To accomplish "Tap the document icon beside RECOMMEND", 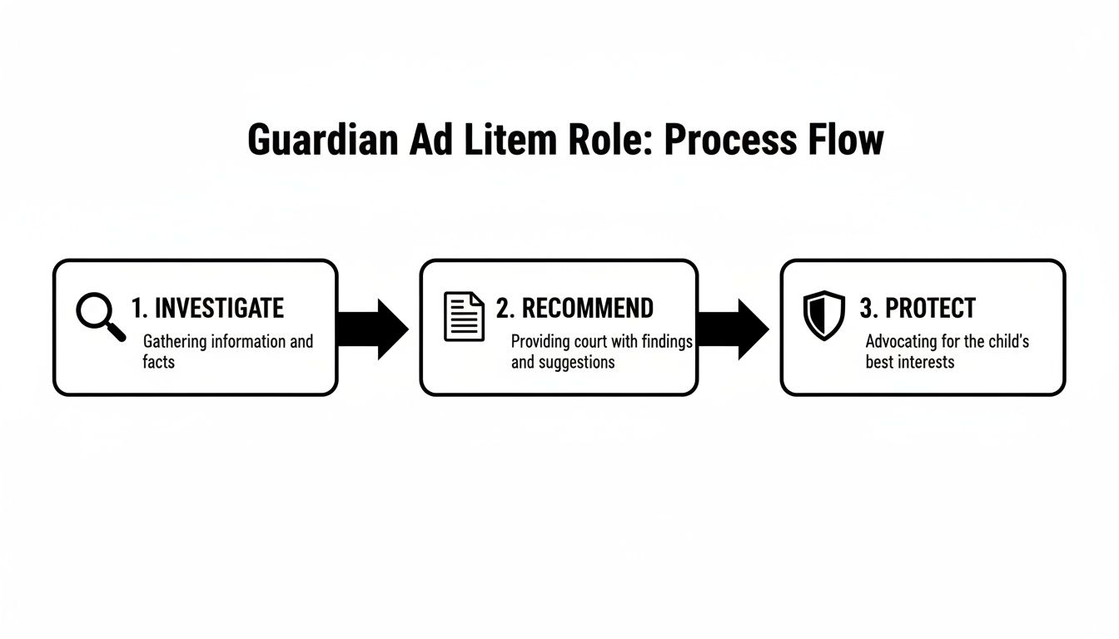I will pos(464,316).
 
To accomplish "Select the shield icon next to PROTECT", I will pos(823,315).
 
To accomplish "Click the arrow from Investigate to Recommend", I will pos(375,329).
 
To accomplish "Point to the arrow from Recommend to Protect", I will pos(734,329).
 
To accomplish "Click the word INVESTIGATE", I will pos(219,309).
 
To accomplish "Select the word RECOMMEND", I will pos(587,309).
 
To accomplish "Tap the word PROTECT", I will pos(929,309).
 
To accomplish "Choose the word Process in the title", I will pos(721,141).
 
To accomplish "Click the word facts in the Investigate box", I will pos(159,362).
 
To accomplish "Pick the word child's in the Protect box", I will pos(1007,342).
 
